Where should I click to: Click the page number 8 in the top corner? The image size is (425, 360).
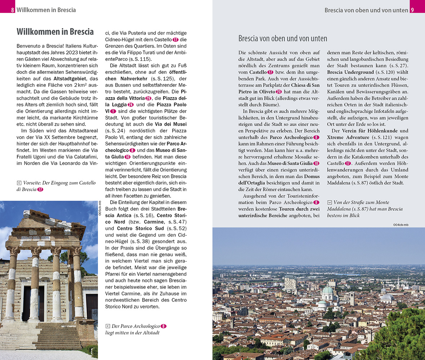click(13, 10)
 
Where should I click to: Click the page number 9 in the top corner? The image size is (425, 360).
click(412, 10)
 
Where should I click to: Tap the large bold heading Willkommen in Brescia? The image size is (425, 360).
click(55, 32)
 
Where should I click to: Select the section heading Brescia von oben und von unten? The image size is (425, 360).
click(283, 39)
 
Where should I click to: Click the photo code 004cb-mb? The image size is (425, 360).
click(401, 225)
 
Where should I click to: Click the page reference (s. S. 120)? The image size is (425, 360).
click(384, 72)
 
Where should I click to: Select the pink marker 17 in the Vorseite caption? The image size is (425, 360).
click(40, 189)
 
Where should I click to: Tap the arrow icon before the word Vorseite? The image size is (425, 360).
click(19, 183)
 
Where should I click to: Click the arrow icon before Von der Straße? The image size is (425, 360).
click(330, 202)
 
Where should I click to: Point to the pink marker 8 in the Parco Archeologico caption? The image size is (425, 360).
click(164, 326)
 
